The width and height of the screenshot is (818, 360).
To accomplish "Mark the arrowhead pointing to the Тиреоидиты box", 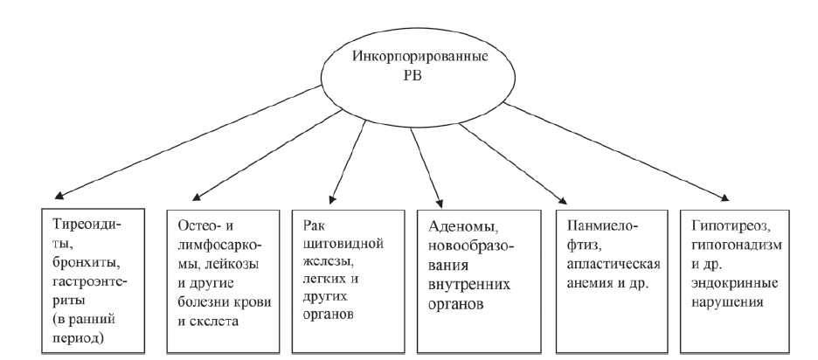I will [47, 197].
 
